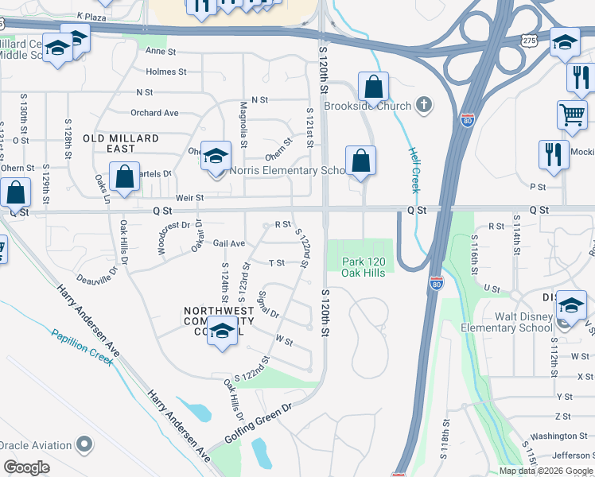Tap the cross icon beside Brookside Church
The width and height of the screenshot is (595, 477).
(x=425, y=105)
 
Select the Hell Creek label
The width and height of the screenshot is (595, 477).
(x=414, y=170)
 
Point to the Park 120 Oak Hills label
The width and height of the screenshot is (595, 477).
(x=364, y=267)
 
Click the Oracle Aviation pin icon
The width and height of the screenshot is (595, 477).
(x=83, y=445)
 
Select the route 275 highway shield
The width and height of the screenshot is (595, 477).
(x=531, y=40)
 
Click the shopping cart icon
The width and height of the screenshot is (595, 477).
(x=572, y=114)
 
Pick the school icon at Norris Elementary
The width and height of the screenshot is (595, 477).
(x=214, y=156)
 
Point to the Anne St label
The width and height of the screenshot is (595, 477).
(x=161, y=51)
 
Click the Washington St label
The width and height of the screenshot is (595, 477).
(x=558, y=436)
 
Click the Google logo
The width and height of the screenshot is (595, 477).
(x=26, y=467)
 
